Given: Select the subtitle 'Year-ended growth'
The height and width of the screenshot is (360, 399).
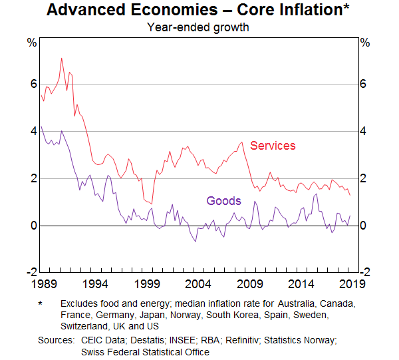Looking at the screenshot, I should click(x=198, y=28).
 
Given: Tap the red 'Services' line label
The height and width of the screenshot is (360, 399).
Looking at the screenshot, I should click(x=273, y=146).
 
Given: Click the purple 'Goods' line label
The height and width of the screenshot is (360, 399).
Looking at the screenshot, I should click(x=223, y=201).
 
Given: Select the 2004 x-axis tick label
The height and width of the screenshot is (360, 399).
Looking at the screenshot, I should click(x=199, y=283).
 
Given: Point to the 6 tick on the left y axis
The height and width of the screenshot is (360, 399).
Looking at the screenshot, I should click(x=31, y=84).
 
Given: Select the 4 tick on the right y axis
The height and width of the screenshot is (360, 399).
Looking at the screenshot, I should click(x=364, y=131).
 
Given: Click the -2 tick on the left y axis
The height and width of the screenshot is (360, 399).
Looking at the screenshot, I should click(x=30, y=272).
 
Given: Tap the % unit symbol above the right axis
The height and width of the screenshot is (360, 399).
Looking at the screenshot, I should click(x=364, y=43).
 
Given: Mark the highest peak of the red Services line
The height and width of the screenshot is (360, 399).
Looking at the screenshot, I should click(x=62, y=58).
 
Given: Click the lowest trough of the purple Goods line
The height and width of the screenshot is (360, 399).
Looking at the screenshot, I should click(x=196, y=241).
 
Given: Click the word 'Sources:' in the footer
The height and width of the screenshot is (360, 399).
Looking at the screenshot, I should click(x=55, y=340).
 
